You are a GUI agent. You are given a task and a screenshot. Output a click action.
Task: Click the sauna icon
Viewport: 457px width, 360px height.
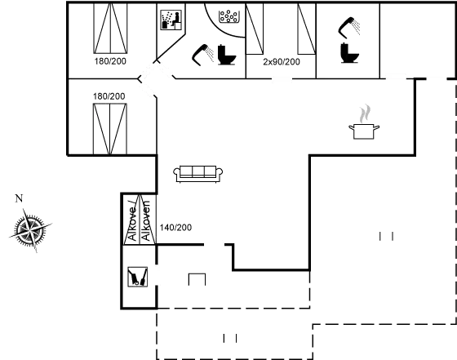pyautogui.click(x=171, y=20)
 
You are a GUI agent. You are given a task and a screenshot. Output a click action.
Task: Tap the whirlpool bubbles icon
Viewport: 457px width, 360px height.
pyautogui.click(x=229, y=16)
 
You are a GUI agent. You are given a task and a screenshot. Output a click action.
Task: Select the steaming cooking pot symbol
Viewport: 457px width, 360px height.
pyautogui.click(x=364, y=122)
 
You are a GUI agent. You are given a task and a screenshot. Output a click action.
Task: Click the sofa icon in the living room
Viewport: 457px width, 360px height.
pyautogui.click(x=197, y=174)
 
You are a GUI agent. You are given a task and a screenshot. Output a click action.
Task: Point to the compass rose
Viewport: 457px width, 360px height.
pyautogui.click(x=30, y=230)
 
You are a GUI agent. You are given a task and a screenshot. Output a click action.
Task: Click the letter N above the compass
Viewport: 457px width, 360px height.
pyautogui.click(x=19, y=198)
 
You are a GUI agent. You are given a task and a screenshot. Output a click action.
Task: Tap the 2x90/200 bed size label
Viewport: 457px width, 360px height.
pyautogui.click(x=282, y=62)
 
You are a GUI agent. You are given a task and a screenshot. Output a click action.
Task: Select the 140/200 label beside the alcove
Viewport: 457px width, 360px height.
pyautogui.click(x=175, y=228)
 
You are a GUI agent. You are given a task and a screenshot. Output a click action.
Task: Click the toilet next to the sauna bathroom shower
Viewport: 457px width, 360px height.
pyautogui.click(x=227, y=55)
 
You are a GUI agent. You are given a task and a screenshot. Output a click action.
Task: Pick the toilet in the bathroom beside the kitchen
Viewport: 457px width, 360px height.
pyautogui.click(x=349, y=53)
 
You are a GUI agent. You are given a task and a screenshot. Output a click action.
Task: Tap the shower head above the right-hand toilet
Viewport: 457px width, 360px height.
pyautogui.click(x=349, y=28)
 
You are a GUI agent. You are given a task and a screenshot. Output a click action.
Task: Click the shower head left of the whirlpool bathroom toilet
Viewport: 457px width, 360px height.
pyautogui.click(x=202, y=55)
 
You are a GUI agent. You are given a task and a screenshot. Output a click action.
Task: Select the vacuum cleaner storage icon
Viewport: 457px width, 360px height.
pyautogui.click(x=138, y=277)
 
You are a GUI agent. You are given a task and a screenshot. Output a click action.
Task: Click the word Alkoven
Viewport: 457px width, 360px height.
pyautogui.click(x=145, y=220)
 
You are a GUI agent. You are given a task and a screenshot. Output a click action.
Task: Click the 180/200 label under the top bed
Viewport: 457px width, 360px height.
pyautogui.click(x=110, y=61)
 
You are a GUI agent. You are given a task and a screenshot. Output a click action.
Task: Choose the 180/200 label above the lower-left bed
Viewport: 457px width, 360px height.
pyautogui.click(x=109, y=96)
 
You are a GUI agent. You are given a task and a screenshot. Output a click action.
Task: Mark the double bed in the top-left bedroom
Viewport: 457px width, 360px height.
pyautogui.click(x=110, y=28)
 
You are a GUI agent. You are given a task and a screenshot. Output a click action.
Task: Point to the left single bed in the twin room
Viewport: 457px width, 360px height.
pyautogui.click(x=255, y=29)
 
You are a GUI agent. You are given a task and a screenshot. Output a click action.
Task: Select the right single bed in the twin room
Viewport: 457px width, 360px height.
pyautogui.click(x=307, y=29)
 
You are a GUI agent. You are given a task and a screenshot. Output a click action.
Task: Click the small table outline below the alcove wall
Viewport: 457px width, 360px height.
pyautogui.click(x=197, y=273)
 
